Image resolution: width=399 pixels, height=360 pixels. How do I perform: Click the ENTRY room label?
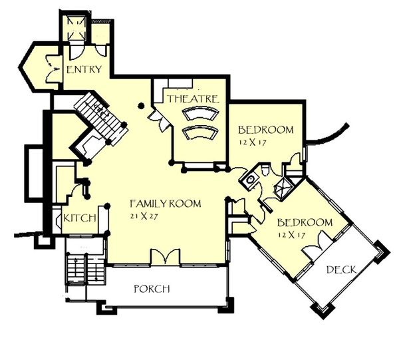tap(84, 69)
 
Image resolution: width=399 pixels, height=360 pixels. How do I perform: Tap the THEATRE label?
tap(193, 98)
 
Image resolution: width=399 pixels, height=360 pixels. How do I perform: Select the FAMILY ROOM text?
tap(166, 204)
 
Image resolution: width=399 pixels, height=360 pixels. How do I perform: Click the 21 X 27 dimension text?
tap(144, 216)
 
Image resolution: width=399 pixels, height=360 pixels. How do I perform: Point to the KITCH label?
tap(80, 218)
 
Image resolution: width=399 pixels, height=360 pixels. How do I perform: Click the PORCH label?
tap(152, 289)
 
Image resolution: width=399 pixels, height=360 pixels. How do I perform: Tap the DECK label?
tap(341, 270)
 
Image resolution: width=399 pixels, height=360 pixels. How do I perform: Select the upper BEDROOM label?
tap(265, 130)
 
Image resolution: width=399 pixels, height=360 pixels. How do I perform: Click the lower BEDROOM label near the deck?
tap(305, 222)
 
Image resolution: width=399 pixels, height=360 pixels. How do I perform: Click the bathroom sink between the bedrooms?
tap(250, 179)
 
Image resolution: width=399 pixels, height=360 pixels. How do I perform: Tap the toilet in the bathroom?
tap(265, 170)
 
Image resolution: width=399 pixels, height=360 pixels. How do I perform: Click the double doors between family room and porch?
tap(166, 257)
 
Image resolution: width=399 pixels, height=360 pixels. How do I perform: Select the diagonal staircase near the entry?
tap(101, 118)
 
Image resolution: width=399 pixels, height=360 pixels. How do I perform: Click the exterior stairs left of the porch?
tap(85, 270)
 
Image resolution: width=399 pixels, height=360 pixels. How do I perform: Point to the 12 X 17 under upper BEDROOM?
tap(253, 142)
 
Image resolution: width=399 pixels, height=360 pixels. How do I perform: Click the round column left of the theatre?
tap(141, 106)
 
